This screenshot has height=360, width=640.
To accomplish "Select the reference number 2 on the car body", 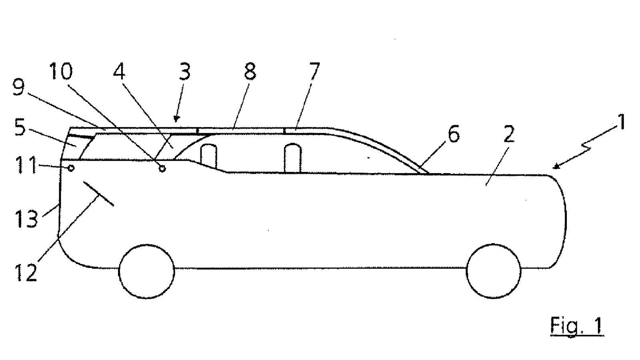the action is [x=509, y=134].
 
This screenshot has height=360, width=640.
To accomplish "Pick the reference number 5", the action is [x=20, y=128].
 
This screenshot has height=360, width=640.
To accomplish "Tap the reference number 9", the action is [x=19, y=88].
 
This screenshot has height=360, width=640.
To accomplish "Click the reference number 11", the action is [x=26, y=165].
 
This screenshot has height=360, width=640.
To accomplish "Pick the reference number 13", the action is [x=26, y=218].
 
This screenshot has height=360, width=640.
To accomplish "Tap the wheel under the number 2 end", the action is [x=494, y=271].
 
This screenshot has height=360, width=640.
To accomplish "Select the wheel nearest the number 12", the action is [x=146, y=272].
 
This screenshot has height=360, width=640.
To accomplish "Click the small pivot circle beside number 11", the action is [x=70, y=168].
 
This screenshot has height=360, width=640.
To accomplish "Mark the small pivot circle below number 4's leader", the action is [x=162, y=168].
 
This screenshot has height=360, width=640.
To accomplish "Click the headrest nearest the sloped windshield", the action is [x=293, y=158].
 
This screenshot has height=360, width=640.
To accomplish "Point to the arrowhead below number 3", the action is [x=176, y=118].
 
